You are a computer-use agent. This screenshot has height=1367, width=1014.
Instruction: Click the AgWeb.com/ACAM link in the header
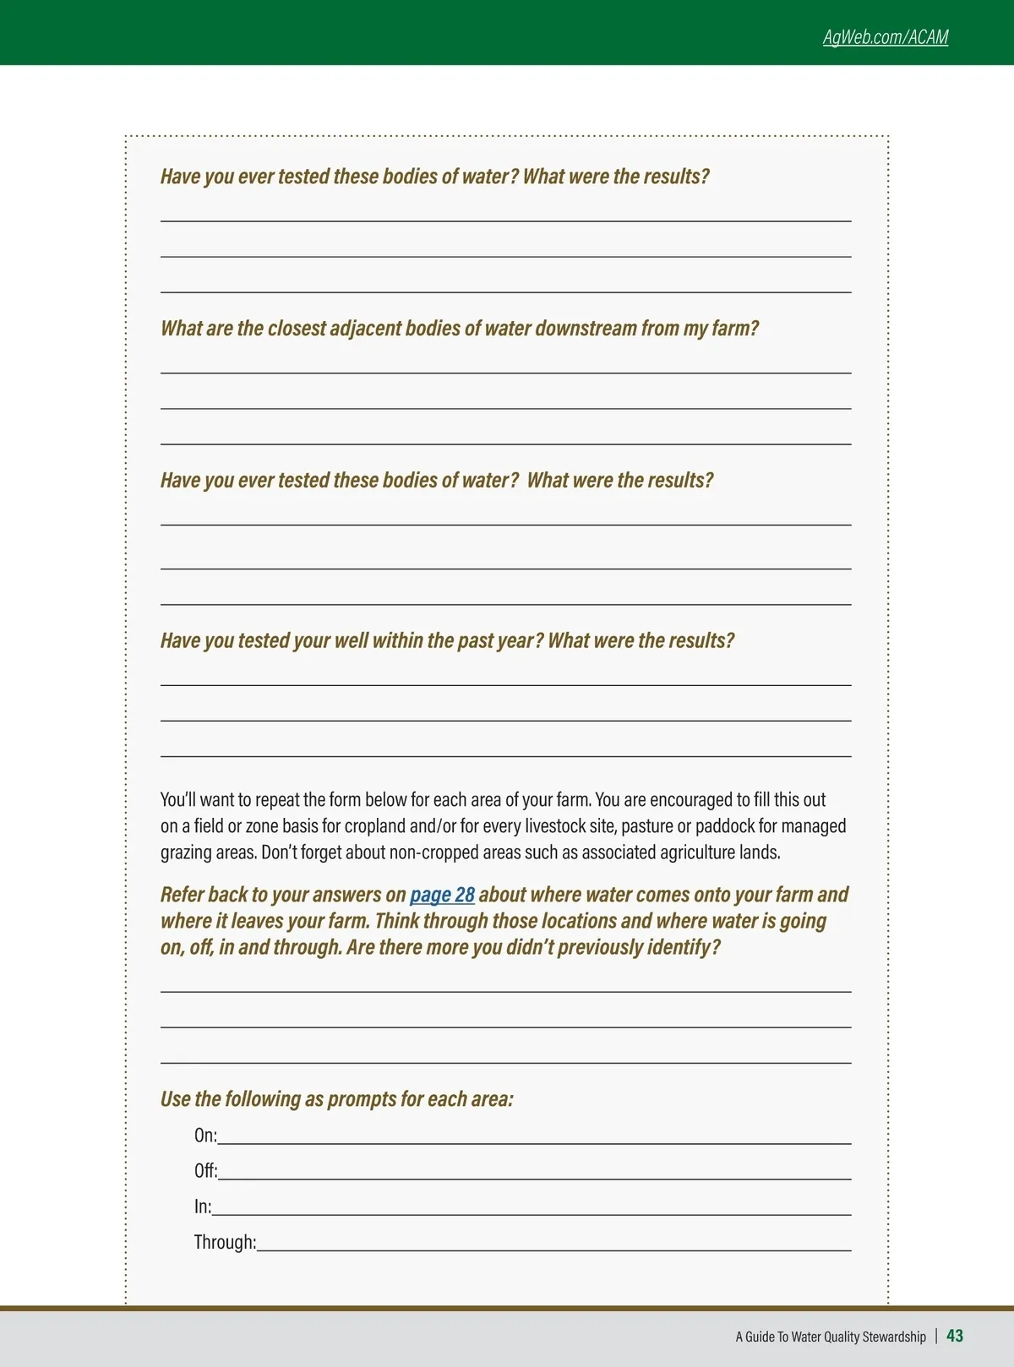(x=886, y=37)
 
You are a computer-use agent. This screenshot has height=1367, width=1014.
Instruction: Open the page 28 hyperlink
(x=442, y=895)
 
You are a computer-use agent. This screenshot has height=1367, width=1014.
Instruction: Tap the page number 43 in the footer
(x=955, y=1336)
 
